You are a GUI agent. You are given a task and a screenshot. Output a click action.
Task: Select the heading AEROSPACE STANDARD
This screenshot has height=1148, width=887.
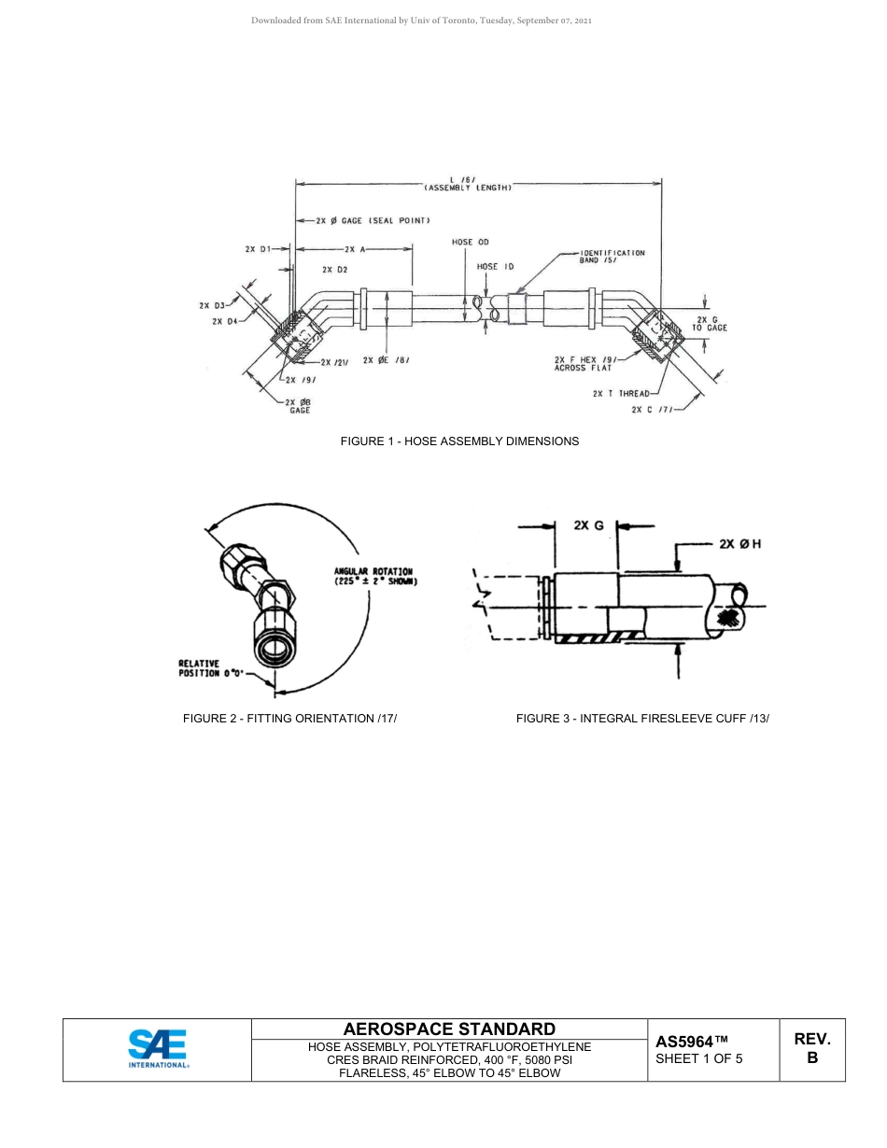(x=449, y=1029)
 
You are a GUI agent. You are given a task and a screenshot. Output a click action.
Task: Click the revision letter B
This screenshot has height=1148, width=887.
(x=811, y=1058)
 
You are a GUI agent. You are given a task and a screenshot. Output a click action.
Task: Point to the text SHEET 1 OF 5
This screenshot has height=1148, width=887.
(x=698, y=1058)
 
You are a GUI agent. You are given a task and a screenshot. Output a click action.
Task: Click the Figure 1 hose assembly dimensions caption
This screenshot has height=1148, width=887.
(x=458, y=441)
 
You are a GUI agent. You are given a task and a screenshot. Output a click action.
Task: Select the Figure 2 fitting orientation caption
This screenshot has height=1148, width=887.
(x=283, y=718)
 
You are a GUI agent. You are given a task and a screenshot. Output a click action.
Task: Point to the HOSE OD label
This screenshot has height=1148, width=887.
(x=471, y=242)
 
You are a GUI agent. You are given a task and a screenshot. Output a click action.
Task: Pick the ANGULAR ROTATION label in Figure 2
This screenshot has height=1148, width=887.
(x=374, y=576)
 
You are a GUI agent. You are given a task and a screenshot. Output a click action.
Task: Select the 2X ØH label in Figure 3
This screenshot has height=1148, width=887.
(x=739, y=543)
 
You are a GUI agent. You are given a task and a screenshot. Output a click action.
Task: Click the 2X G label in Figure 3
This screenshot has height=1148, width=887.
(x=588, y=525)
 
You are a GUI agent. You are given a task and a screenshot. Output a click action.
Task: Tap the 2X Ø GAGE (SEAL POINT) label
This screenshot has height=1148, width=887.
(x=373, y=221)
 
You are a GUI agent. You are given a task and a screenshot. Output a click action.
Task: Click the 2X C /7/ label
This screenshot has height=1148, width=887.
(x=651, y=409)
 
